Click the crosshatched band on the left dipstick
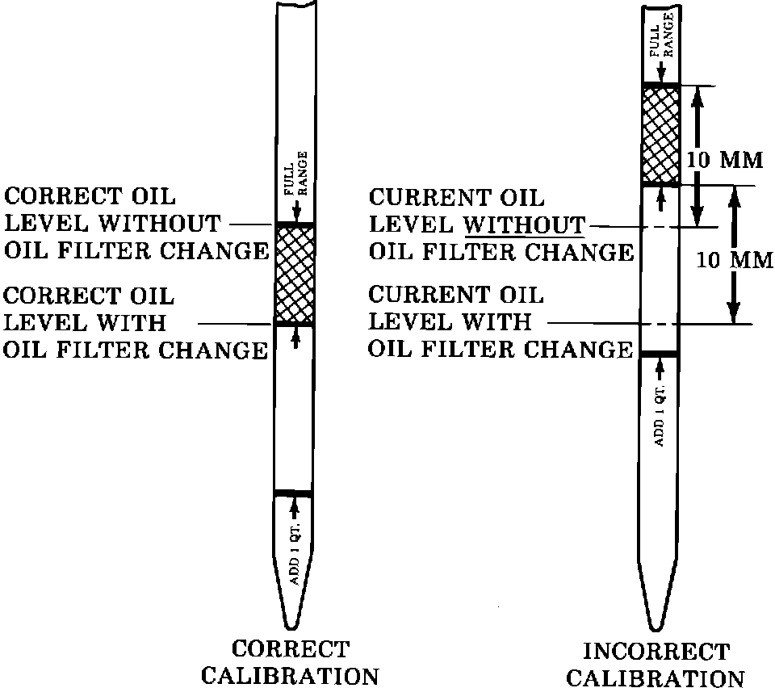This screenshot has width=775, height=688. click(294, 275)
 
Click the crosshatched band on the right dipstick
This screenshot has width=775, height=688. click(660, 135)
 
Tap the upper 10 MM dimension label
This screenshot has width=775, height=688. click(724, 159)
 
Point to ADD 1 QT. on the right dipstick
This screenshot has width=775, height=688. click(659, 420)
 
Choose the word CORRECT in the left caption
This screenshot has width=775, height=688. click(291, 648)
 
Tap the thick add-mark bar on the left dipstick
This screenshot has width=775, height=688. click(293, 493)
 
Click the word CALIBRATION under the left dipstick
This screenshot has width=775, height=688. click(290, 675)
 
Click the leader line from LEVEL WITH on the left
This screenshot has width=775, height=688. click(234, 323)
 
